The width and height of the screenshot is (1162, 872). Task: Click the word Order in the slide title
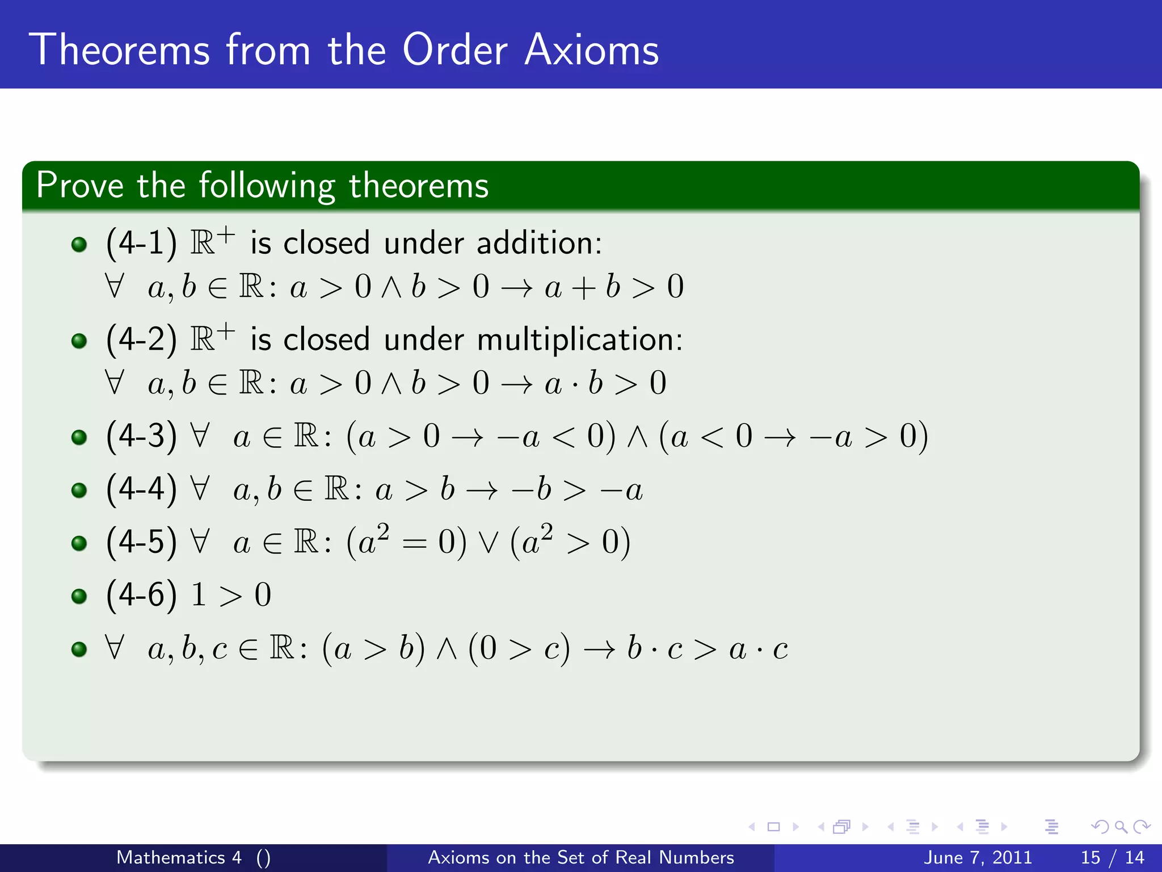tap(454, 50)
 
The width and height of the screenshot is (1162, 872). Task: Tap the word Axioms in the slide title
tap(591, 50)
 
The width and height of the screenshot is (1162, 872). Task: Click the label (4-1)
tap(141, 243)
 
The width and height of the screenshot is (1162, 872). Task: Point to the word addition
tap(539, 243)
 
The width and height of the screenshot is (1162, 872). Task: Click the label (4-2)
tap(141, 339)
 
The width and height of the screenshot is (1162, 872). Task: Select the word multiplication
tap(579, 339)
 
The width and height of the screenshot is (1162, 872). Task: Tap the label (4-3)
tap(141, 436)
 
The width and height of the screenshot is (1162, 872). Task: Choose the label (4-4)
tap(141, 489)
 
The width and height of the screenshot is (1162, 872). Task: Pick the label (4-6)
tap(141, 595)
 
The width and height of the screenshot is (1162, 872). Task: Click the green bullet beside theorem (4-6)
tap(79, 596)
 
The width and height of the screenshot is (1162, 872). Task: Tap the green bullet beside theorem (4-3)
tap(79, 437)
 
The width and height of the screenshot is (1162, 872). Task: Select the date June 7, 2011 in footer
tap(978, 857)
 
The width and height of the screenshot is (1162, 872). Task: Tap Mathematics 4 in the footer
tap(179, 857)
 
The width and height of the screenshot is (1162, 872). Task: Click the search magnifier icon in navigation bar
tap(1121, 827)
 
